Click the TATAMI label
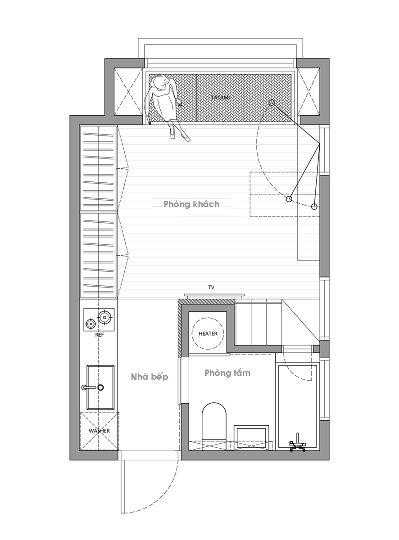(x=221, y=97)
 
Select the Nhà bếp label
(x=150, y=377)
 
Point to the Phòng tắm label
(x=227, y=373)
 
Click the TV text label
(x=211, y=287)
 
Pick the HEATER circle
(x=208, y=333)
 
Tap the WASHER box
(x=99, y=431)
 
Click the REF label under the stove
(x=100, y=335)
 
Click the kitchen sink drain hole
(x=100, y=387)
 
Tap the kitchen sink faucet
(x=88, y=387)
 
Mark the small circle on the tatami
(x=272, y=103)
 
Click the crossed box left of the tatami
(x=127, y=92)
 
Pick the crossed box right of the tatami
(x=308, y=92)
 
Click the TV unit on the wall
(x=214, y=296)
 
